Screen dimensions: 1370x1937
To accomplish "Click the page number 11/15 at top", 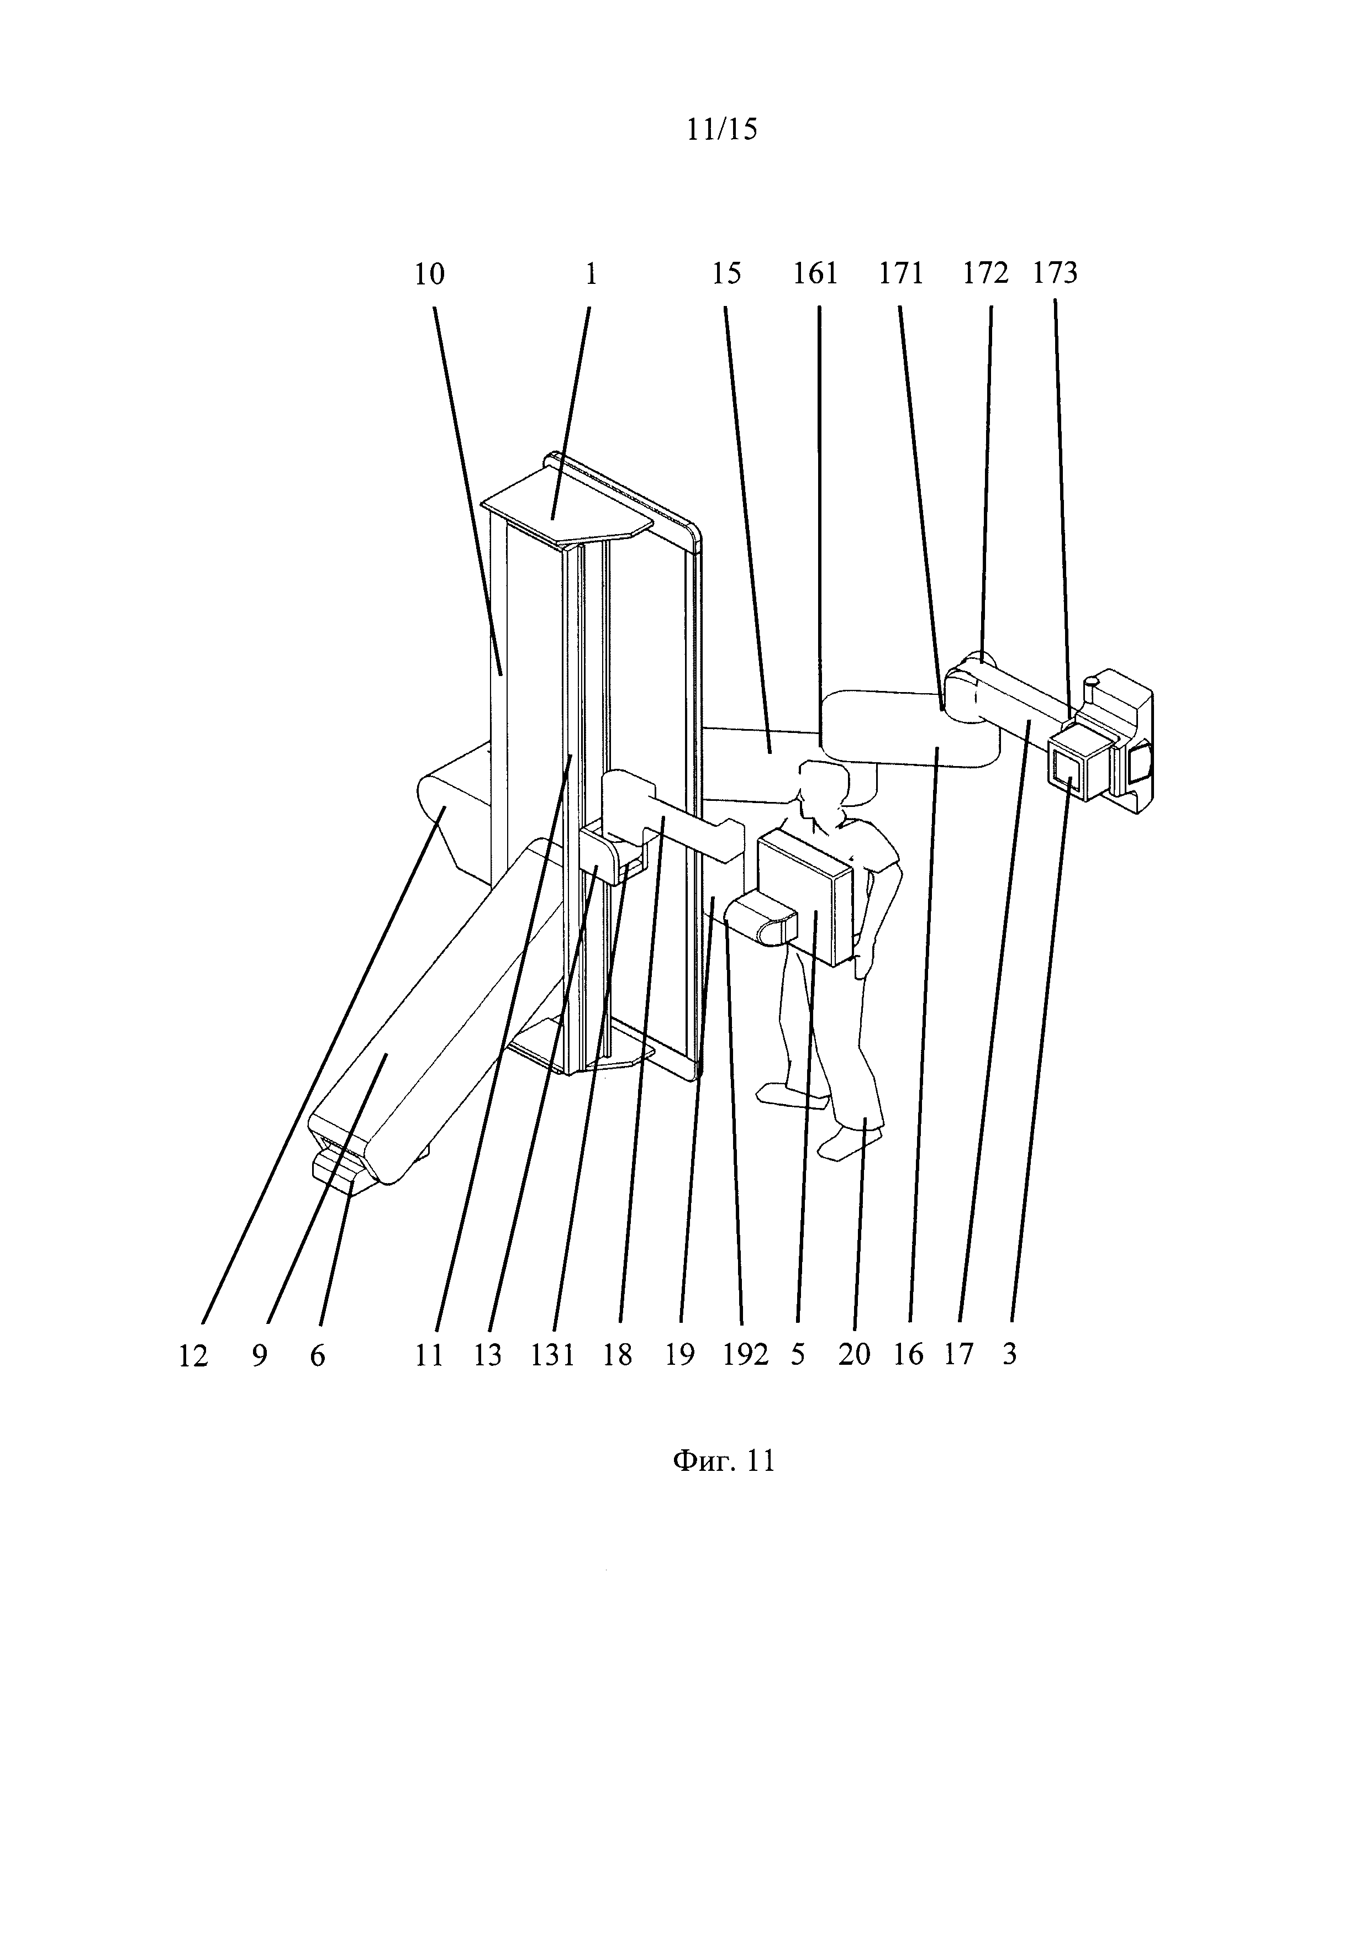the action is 721,129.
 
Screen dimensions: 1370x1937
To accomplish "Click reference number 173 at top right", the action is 1055,273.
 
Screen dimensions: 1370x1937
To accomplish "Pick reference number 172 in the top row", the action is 986,273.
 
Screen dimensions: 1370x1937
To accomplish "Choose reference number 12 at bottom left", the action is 193,1356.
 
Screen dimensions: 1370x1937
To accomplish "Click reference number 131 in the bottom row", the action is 552,1355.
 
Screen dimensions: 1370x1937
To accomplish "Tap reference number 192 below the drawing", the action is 746,1355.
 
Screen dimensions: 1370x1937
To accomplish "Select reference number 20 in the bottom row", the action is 853,1355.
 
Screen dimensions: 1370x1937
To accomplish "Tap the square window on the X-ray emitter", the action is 1068,768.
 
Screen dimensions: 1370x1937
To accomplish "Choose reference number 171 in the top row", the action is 901,273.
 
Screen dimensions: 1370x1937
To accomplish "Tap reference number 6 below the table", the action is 317,1356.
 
